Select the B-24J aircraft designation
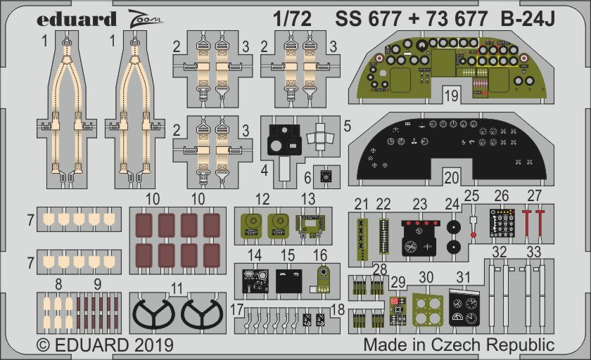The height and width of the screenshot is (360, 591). [x=528, y=19]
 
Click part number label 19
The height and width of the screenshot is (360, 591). [x=452, y=94]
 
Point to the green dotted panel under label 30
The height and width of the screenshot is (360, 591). [x=427, y=309]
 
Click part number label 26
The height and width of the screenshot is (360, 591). [x=501, y=195]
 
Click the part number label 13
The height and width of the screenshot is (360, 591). [x=308, y=198]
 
